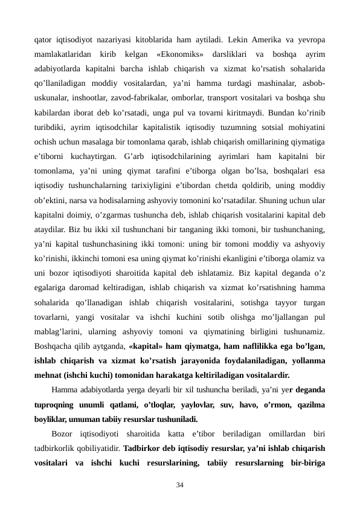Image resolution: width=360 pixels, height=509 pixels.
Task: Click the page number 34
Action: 180,485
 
